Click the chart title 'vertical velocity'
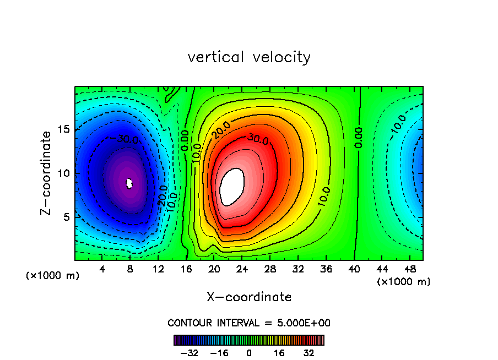(249, 57)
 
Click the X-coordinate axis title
(249, 297)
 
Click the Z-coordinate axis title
(48, 173)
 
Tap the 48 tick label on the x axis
(409, 270)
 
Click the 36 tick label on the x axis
(326, 270)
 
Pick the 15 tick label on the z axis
(64, 129)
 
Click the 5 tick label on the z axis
(67, 217)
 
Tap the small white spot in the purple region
(129, 183)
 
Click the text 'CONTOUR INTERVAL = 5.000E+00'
(249, 323)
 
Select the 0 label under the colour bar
(249, 353)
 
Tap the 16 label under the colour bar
(279, 353)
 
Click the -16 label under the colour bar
(219, 353)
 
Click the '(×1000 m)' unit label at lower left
(53, 276)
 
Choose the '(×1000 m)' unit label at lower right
(404, 282)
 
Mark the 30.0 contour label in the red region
(257, 139)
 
